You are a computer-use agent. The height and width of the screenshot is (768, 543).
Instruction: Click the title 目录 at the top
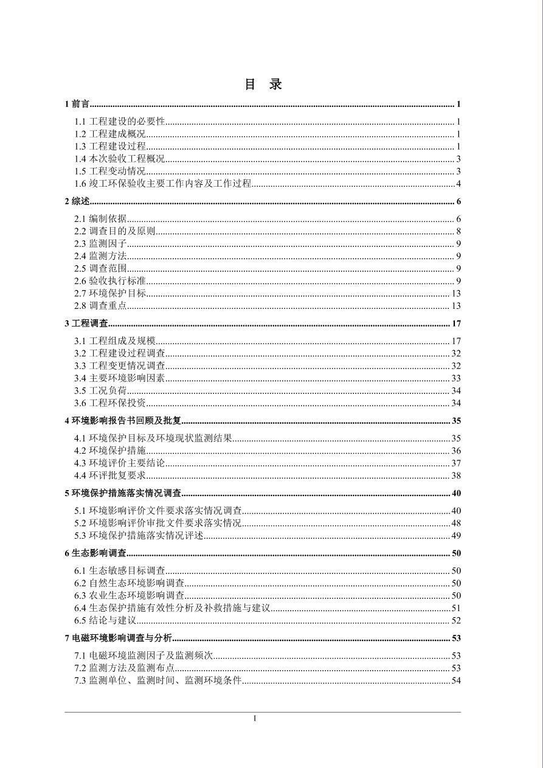[263, 85]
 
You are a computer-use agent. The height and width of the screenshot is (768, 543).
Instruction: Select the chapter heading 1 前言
[77, 105]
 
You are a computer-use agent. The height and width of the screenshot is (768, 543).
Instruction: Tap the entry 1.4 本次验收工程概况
[120, 159]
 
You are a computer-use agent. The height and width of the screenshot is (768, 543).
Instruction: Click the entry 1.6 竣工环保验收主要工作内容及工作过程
[163, 184]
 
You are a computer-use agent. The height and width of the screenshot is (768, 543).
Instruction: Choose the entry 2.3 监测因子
[100, 244]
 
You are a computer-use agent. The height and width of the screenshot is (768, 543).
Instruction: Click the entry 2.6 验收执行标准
[110, 281]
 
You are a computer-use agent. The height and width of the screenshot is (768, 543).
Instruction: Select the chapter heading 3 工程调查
[86, 323]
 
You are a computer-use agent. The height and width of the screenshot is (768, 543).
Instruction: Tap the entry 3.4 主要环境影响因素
[120, 378]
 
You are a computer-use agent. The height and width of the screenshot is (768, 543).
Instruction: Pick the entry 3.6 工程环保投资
[110, 403]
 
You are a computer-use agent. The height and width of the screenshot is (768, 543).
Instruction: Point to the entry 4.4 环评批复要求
[110, 476]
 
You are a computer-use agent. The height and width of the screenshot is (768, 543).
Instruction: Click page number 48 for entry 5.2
[456, 523]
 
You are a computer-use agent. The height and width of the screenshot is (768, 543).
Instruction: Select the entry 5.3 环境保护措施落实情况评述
[139, 536]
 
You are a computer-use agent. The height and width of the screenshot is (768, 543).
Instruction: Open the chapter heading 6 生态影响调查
[95, 553]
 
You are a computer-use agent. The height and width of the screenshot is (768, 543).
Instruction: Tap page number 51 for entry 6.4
[456, 608]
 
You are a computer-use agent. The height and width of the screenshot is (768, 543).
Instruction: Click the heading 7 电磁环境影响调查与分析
[119, 638]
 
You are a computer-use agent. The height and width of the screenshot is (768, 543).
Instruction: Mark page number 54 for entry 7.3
[456, 680]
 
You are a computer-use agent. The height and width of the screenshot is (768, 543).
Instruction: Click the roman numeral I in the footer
[255, 719]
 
